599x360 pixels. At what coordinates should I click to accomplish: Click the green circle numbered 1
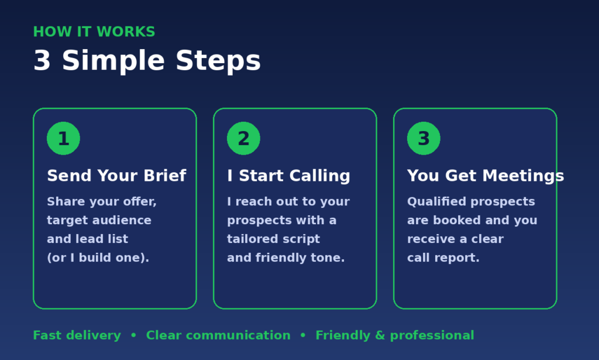pyautogui.click(x=63, y=138)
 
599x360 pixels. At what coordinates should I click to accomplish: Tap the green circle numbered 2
pyautogui.click(x=243, y=138)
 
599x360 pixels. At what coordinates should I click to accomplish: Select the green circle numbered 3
pyautogui.click(x=424, y=138)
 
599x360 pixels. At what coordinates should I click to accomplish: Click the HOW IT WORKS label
pyautogui.click(x=94, y=32)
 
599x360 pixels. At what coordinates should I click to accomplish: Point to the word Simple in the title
pyautogui.click(x=113, y=61)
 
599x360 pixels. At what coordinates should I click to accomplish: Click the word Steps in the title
pyautogui.click(x=218, y=61)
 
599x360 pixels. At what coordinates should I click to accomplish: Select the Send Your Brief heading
pyautogui.click(x=116, y=176)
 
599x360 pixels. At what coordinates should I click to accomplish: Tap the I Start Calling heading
pyautogui.click(x=288, y=176)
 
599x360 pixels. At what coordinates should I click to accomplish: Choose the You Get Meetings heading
pyautogui.click(x=486, y=176)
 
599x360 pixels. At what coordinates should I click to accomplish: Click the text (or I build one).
pyautogui.click(x=98, y=258)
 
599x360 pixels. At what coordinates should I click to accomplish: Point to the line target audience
pyautogui.click(x=99, y=221)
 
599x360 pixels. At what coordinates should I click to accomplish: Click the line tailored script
pyautogui.click(x=273, y=239)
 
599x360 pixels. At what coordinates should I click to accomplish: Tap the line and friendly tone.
pyautogui.click(x=285, y=258)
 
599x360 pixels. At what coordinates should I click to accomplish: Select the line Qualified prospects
pyautogui.click(x=471, y=202)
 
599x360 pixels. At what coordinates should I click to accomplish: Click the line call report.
pyautogui.click(x=443, y=258)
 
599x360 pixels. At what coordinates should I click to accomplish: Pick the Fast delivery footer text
pyautogui.click(x=77, y=335)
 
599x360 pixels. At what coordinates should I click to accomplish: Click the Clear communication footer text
pyautogui.click(x=218, y=335)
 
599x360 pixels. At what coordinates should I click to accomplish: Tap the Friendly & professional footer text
pyautogui.click(x=395, y=335)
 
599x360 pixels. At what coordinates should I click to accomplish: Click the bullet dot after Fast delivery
pyautogui.click(x=133, y=335)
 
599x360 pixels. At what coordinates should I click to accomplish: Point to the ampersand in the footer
pyautogui.click(x=380, y=335)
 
